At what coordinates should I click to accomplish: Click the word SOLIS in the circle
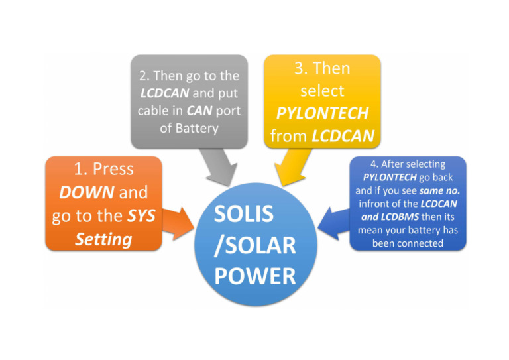point(243,214)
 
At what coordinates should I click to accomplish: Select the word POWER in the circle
point(254,276)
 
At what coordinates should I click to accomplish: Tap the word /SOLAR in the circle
point(254,245)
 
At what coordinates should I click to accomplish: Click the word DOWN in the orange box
point(87,192)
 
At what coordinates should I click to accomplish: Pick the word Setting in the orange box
point(103,239)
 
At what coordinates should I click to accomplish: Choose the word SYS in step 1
point(141,216)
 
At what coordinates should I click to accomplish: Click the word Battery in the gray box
point(197,128)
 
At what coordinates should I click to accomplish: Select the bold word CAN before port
point(199,111)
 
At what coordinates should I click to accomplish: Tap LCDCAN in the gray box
point(164,93)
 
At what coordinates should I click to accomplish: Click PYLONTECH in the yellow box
point(322,113)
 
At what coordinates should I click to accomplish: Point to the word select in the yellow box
point(322,91)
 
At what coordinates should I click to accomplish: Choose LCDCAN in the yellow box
point(343,136)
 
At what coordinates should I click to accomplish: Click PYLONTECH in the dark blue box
point(390,177)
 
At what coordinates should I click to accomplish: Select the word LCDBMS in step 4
point(400,217)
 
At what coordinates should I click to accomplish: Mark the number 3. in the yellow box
point(301,68)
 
